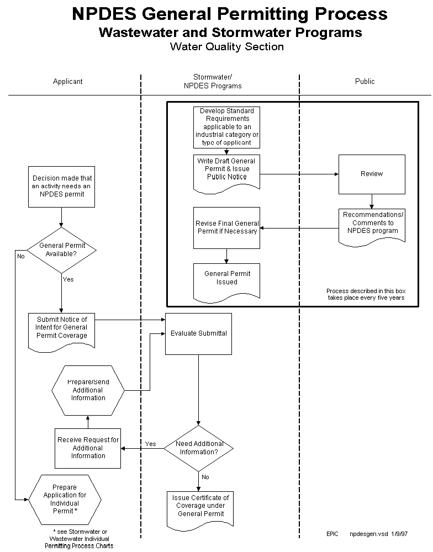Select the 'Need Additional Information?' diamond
click(x=199, y=448)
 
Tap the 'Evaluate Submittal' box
click(x=199, y=333)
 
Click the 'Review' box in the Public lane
click(x=372, y=174)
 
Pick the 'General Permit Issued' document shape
click(x=227, y=279)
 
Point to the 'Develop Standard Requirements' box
click(x=226, y=127)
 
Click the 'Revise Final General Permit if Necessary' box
click(x=226, y=227)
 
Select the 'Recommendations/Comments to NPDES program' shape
click(x=372, y=224)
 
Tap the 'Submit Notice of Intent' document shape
click(x=62, y=328)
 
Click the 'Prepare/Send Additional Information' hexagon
click(x=88, y=390)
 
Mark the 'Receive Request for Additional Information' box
click(x=88, y=448)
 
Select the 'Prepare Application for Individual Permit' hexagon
click(x=65, y=499)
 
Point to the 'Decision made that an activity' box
click(x=62, y=187)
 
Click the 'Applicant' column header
click(x=67, y=81)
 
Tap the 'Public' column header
click(x=365, y=81)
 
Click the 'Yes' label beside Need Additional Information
click(x=150, y=444)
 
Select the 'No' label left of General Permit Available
click(x=21, y=256)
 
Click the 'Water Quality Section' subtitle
click(x=226, y=47)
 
